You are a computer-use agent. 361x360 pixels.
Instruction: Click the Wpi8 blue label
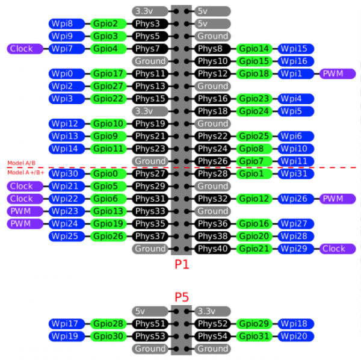(x=67, y=23)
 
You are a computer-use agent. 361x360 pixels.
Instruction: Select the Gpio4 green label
(x=108, y=49)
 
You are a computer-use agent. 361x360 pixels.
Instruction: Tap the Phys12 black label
(x=212, y=73)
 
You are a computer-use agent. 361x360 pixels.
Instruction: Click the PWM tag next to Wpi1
(x=338, y=73)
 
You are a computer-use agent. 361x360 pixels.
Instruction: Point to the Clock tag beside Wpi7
(x=25, y=49)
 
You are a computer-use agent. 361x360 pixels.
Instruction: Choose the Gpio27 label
(x=108, y=86)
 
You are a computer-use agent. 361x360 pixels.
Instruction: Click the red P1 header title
(x=182, y=264)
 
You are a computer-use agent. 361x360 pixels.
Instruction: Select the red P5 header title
(x=182, y=297)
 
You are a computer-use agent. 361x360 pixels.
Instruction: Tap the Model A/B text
(x=22, y=163)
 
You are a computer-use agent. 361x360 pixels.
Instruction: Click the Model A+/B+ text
(x=26, y=172)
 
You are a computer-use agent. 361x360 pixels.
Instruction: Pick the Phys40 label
(x=212, y=249)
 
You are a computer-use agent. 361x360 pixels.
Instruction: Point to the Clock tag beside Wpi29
(x=338, y=249)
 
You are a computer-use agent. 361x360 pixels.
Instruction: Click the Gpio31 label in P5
(x=254, y=337)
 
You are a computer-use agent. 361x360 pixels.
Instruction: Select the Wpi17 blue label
(x=67, y=324)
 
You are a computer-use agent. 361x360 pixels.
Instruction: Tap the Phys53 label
(x=150, y=337)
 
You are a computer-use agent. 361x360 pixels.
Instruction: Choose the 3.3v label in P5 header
(x=212, y=311)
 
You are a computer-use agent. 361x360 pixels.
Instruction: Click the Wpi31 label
(x=296, y=173)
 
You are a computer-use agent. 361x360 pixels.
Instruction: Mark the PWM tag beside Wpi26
(x=338, y=199)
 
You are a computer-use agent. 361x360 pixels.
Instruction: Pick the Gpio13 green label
(x=108, y=211)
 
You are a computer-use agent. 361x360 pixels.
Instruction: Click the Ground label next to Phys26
(x=150, y=161)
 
